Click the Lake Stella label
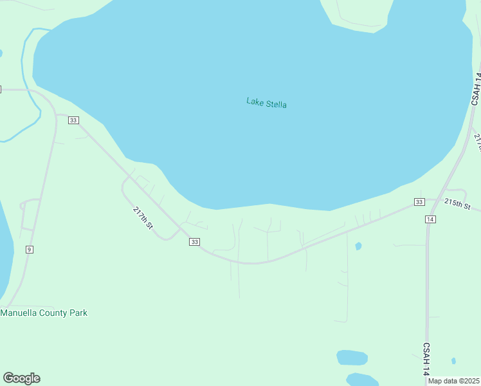tap(266, 102)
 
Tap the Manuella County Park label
tap(44, 313)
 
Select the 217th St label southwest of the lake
tap(143, 218)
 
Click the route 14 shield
tap(430, 219)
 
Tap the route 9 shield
tap(29, 249)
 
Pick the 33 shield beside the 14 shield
tap(419, 202)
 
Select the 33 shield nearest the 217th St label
tap(194, 241)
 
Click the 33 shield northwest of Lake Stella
tap(73, 120)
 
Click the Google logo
tap(21, 378)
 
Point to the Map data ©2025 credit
tap(454, 381)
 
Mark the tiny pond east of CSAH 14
tap(453, 361)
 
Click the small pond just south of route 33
tap(358, 246)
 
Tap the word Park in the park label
tap(77, 313)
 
